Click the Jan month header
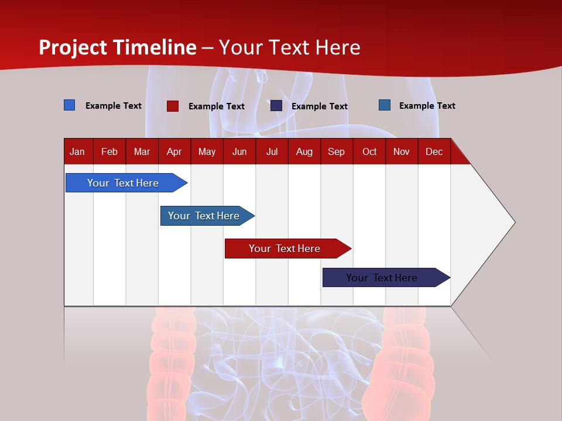[77, 152]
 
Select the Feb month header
[109, 152]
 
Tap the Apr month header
[174, 152]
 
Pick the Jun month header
[239, 152]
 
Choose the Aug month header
[304, 152]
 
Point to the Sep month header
[337, 152]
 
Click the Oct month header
[369, 152]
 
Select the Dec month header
[434, 152]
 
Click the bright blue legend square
[70, 105]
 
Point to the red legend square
[173, 106]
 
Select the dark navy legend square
[276, 106]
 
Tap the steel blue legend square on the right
[385, 105]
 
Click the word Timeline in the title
[155, 47]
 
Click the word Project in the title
[74, 47]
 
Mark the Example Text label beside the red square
[217, 106]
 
